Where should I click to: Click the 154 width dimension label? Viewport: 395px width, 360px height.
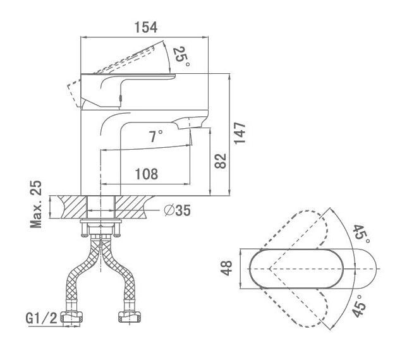pos(146,27)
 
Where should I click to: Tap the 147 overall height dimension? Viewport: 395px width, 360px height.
pos(240,133)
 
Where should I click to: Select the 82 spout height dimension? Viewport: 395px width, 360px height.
pos(220,161)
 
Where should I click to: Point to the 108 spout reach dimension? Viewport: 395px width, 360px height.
pos(147,174)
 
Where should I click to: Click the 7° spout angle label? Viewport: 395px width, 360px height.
pos(155,136)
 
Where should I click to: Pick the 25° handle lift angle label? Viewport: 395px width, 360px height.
pos(181,57)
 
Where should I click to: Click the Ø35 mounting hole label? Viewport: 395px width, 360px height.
pos(177,210)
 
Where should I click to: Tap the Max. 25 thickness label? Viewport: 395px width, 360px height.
pos(36,204)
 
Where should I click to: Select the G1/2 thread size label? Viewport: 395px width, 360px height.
pos(41,318)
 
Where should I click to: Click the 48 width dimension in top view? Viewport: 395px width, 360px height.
pos(226,268)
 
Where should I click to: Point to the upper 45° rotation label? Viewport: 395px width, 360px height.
pos(361,234)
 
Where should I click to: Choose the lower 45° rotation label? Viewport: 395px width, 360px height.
pos(359,306)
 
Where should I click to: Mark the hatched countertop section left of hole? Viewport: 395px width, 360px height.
pos(72,207)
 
